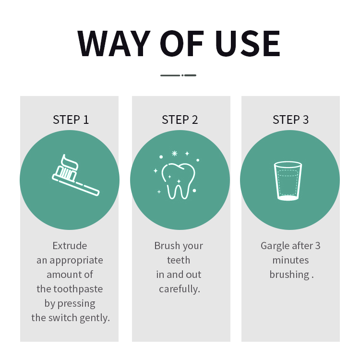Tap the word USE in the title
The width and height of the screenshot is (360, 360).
[x=248, y=43]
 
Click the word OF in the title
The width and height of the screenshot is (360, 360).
[x=182, y=43]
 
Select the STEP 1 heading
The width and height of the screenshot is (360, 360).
[x=71, y=120]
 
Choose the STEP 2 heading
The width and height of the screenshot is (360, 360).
[x=180, y=120]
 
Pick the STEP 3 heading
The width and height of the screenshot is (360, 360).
[x=291, y=120]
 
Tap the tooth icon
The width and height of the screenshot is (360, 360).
[x=179, y=181]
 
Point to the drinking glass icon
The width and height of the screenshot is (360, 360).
[x=288, y=181]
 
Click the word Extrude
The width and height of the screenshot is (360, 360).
[x=70, y=246]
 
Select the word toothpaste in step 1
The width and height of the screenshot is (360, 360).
[x=78, y=289]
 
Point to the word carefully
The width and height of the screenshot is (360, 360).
[x=180, y=289]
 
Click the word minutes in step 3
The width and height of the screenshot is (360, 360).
[x=291, y=260]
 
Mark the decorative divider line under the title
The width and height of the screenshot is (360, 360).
[x=178, y=75]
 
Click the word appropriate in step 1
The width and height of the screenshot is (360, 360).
[x=76, y=261]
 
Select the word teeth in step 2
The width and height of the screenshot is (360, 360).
[x=179, y=260]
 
